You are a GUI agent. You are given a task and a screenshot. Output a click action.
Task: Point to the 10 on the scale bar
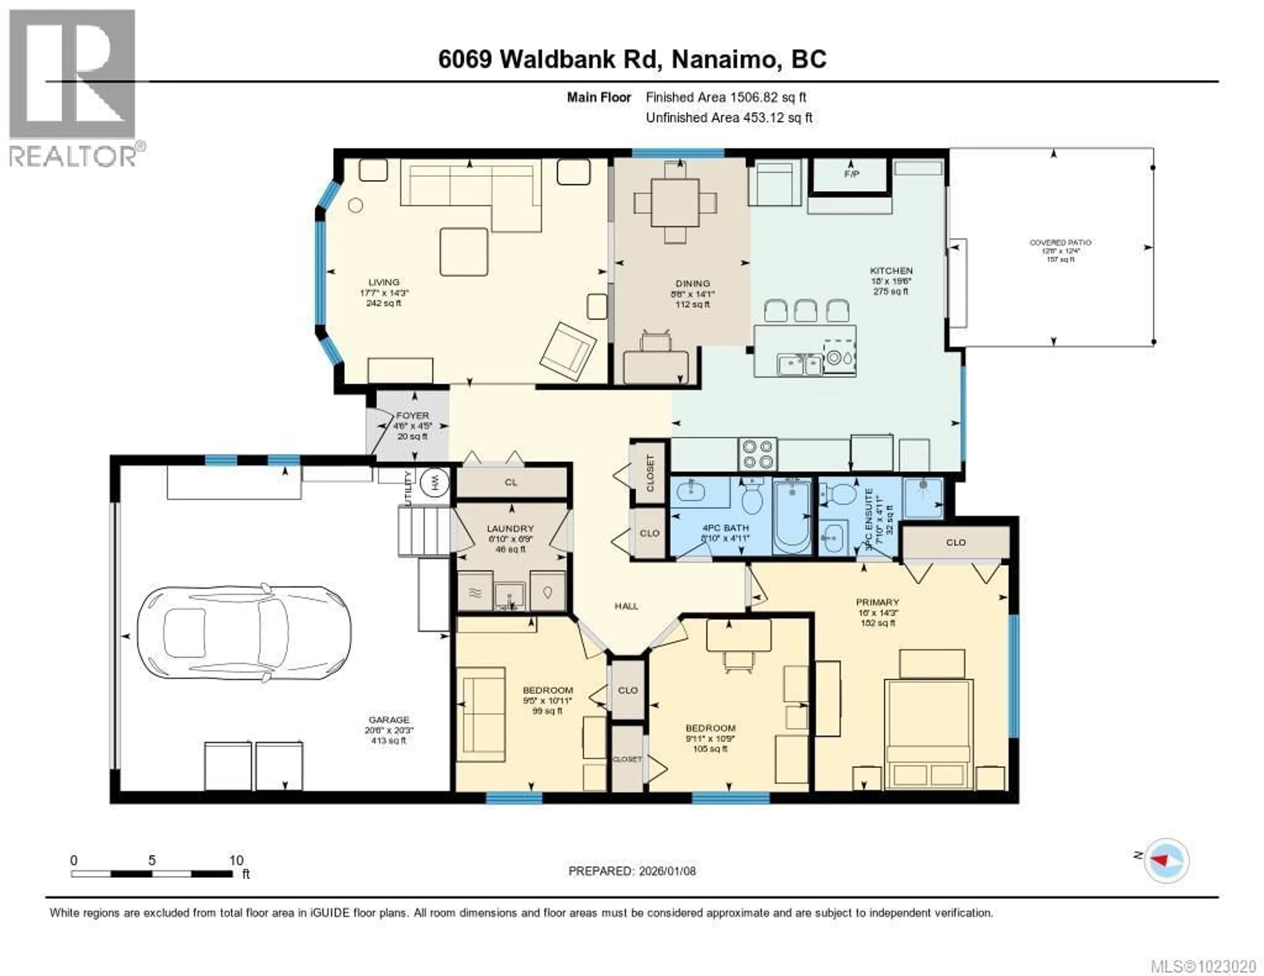coord(236,860)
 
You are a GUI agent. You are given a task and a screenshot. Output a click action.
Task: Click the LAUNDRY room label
coord(510,528)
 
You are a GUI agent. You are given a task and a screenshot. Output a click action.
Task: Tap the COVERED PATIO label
coord(1060,243)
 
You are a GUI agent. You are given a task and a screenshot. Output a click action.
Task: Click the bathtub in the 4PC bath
coord(792,517)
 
